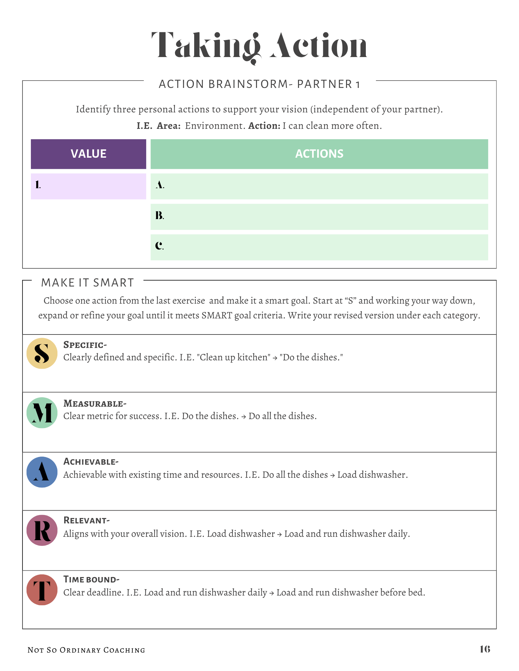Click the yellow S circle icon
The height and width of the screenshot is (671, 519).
pos(42,353)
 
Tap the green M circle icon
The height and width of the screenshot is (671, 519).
pos(42,413)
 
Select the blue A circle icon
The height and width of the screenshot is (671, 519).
pos(42,472)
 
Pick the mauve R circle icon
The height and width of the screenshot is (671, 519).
pos(42,530)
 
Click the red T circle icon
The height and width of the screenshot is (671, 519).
pos(42,590)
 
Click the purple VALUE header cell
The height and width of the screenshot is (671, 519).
pos(88,154)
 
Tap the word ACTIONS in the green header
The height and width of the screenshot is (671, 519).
pos(319,154)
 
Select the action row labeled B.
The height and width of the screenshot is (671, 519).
pos(319,216)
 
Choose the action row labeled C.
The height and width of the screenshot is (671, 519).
pos(319,247)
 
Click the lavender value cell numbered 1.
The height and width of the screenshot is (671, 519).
pos(88,186)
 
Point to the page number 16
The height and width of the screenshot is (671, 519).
pos(485,649)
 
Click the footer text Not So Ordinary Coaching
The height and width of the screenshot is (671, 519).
pos(86,650)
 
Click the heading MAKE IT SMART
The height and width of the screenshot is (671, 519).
pos(87,283)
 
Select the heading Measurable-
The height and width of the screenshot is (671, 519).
pos(95,403)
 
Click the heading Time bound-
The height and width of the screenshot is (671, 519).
pos(91,579)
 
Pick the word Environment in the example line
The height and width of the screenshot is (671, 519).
pos(214,126)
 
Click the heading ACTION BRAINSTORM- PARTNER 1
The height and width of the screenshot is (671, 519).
pos(259,84)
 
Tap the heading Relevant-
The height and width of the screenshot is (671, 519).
pos(86,520)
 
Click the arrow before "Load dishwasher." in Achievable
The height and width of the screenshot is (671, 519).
pos(332,475)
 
